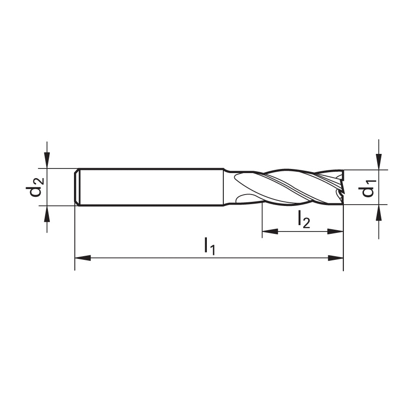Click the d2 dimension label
point(35,187)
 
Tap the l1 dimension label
point(210,246)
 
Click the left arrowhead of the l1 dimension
point(83,258)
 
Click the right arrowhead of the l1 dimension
point(336,258)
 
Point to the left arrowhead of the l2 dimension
point(270,232)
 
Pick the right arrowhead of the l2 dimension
point(336,232)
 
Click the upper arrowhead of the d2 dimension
point(47,160)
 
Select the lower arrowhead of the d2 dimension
point(47,214)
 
